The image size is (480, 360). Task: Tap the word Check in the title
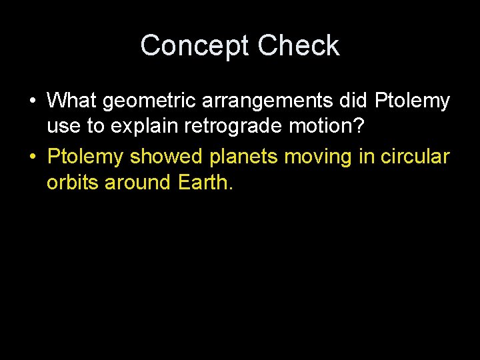coord(299,46)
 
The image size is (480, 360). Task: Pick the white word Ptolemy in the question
coord(412,101)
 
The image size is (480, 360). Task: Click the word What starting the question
coord(72,101)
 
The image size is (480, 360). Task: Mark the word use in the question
coord(61,126)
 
